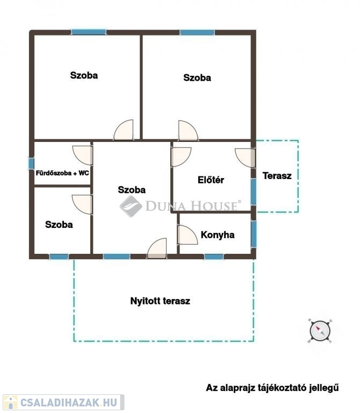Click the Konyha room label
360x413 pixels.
pyautogui.click(x=218, y=234)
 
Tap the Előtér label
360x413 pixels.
pyautogui.click(x=211, y=180)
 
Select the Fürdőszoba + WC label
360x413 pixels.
pyautogui.click(x=62, y=173)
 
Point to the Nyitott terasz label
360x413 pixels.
pyautogui.click(x=160, y=301)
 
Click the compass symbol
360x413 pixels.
pyautogui.click(x=320, y=331)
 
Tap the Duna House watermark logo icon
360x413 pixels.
pyautogui.click(x=131, y=206)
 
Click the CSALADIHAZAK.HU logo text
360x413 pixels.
pyautogui.click(x=69, y=402)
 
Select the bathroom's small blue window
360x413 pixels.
pyautogui.click(x=31, y=163)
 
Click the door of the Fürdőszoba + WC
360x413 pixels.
pyautogui.click(x=83, y=155)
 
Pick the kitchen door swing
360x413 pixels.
pyautogui.click(x=188, y=235)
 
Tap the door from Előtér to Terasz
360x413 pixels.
pyautogui.click(x=245, y=158)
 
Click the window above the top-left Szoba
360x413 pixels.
pyautogui.click(x=89, y=32)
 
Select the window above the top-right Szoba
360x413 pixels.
pyautogui.click(x=197, y=32)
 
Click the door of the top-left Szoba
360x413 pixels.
pyautogui.click(x=124, y=130)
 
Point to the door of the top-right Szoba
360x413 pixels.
pyautogui.click(x=188, y=130)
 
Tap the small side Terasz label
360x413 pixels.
pyautogui.click(x=277, y=176)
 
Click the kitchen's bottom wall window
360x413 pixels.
pyautogui.click(x=214, y=257)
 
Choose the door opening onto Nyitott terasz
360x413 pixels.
pyautogui.click(x=157, y=248)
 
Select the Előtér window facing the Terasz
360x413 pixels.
pyautogui.click(x=254, y=192)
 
